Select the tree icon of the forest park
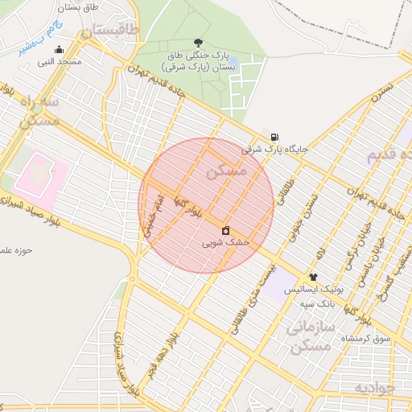pyautogui.click(x=199, y=43)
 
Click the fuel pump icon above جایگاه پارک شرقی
pyautogui.click(x=275, y=137)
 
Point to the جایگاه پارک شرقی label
pyautogui.click(x=274, y=149)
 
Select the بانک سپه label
pyautogui.click(x=317, y=303)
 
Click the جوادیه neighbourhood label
pyautogui.click(x=375, y=388)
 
